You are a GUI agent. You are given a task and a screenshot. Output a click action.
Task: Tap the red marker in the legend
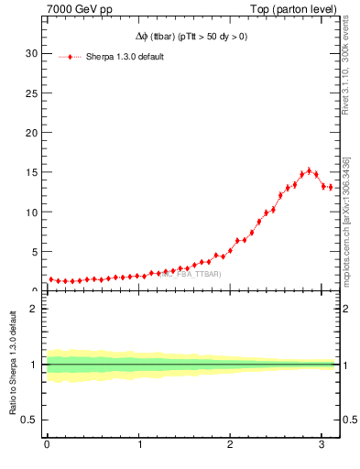[71, 57]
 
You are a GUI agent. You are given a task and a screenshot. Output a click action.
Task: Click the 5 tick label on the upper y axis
[34, 252]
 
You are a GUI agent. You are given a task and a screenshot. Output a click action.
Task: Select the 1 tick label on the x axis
[139, 445]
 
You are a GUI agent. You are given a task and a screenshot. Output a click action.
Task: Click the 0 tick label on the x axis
[47, 445]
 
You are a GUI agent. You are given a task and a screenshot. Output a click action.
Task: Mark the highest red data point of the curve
[309, 170]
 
